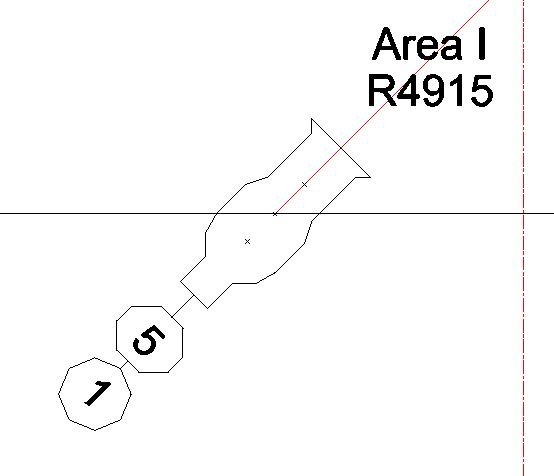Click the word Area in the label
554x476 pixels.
pyautogui.click(x=417, y=44)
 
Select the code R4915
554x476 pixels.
pyautogui.click(x=430, y=90)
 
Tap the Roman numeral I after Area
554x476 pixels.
pyautogui.click(x=482, y=44)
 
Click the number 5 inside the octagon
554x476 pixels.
pyautogui.click(x=149, y=340)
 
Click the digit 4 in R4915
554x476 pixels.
pyautogui.click(x=410, y=90)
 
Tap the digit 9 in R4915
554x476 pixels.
pyautogui.click(x=437, y=90)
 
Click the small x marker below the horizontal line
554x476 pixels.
pyautogui.click(x=247, y=241)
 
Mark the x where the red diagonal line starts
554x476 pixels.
pyautogui.click(x=275, y=214)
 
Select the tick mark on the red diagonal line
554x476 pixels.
pyautogui.click(x=305, y=184)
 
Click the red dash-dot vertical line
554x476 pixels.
pyautogui.click(x=524, y=238)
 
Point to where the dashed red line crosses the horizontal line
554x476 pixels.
pyautogui.click(x=524, y=213)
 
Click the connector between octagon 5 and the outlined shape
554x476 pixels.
pyautogui.click(x=183, y=306)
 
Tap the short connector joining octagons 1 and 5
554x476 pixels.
pyautogui.click(x=124, y=365)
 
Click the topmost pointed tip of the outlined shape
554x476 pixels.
pyautogui.click(x=311, y=119)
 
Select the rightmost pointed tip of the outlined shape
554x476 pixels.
pyautogui.click(x=370, y=177)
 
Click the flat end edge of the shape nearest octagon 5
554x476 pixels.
pyautogui.click(x=194, y=295)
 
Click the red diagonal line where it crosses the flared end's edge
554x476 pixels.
pyautogui.click(x=341, y=148)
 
